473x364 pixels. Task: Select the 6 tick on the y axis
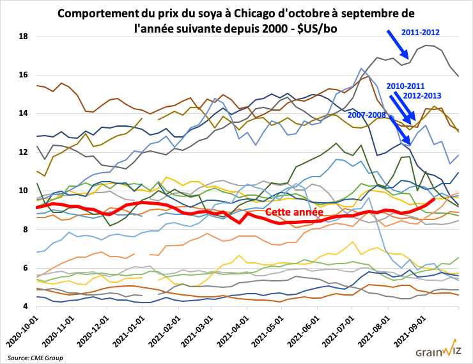coord(23,268)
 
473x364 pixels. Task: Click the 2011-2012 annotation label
coord(421,31)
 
